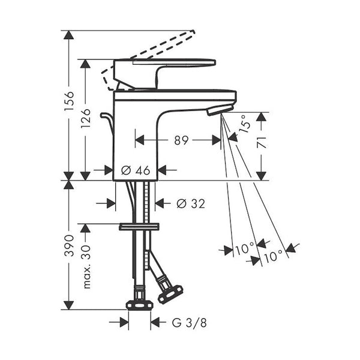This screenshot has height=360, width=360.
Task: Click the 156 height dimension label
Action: pos(69,101)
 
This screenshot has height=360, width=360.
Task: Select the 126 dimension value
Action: pos(86,119)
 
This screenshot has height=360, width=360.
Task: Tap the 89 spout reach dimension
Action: pos(181,140)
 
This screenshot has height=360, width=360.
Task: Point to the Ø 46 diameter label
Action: pos(136,170)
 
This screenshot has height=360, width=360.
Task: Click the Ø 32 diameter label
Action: pos(191,203)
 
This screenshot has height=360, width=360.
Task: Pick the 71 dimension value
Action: pos(261,142)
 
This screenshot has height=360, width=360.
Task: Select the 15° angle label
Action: pos(245,124)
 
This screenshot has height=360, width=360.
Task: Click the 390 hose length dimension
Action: pos(69,245)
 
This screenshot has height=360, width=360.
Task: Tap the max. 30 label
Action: pos(86,267)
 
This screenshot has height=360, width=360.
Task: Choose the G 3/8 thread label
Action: pos(189,323)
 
